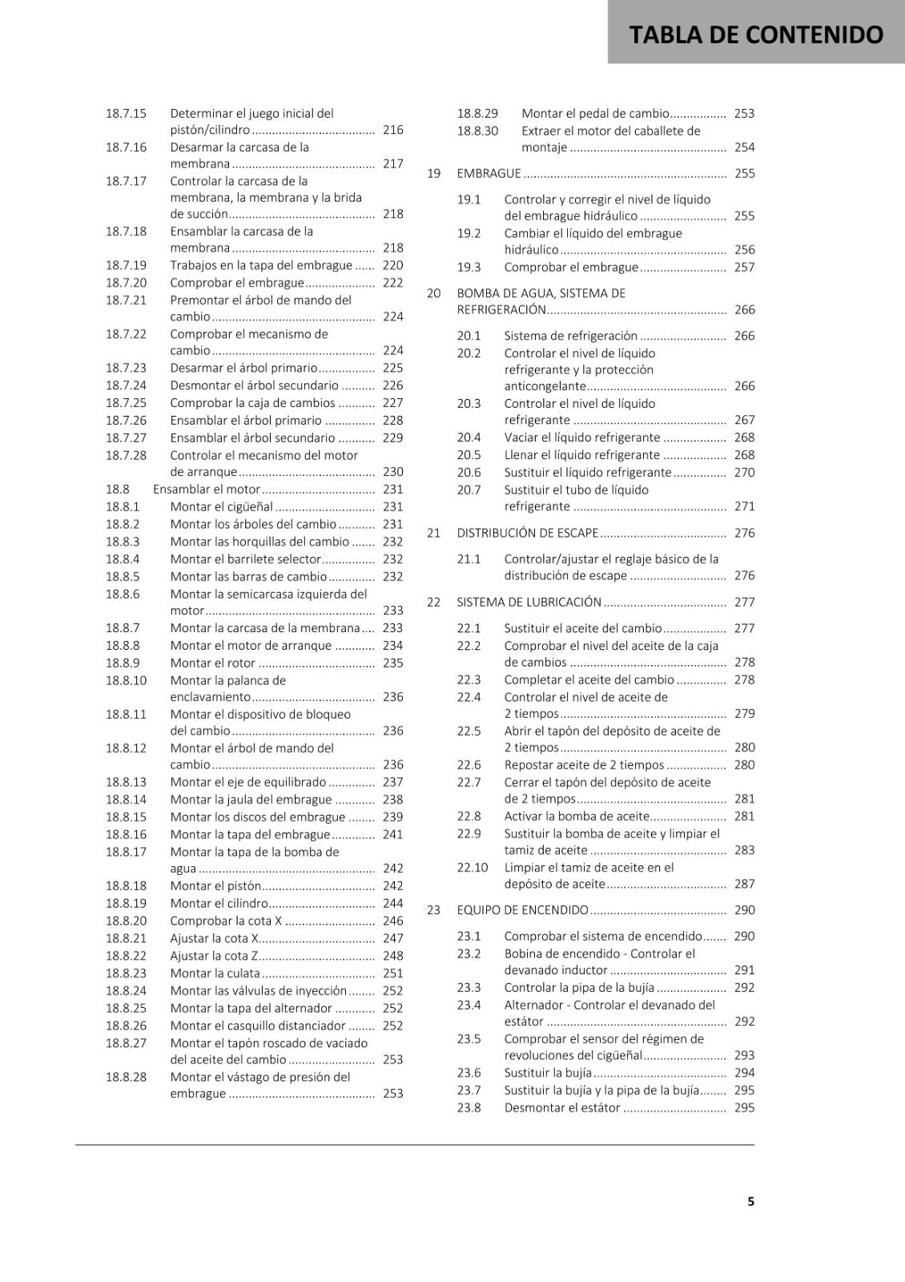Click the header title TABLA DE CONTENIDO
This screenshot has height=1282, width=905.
pos(756,34)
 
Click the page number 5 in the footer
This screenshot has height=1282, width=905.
pos(750,1201)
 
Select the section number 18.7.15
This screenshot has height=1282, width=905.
pos(126,114)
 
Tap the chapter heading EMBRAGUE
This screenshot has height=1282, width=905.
pos(489,173)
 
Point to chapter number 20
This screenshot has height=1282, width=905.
pos(433,293)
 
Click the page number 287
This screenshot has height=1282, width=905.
pos(744,885)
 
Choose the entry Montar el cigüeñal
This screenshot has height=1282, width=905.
pos(221,506)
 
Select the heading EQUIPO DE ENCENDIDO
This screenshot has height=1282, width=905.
pos(522,910)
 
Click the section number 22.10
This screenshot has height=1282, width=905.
pos(473,868)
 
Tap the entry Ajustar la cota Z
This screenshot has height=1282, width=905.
pos(214,956)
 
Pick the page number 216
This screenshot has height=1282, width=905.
pos(392,130)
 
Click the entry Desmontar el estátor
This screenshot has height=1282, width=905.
pos(561,1108)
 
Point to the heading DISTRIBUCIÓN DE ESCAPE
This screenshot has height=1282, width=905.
pos(527,533)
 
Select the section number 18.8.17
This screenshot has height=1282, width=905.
pos(126,852)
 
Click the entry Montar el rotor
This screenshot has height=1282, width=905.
pos(212,663)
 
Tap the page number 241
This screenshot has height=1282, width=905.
pos(392,834)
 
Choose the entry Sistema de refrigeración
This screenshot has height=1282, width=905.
pos(570,336)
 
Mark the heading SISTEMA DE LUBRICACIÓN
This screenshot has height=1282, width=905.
pos(529,602)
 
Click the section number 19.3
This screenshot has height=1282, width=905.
pos(469,268)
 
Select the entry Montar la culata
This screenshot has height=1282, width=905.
pos(215,974)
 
